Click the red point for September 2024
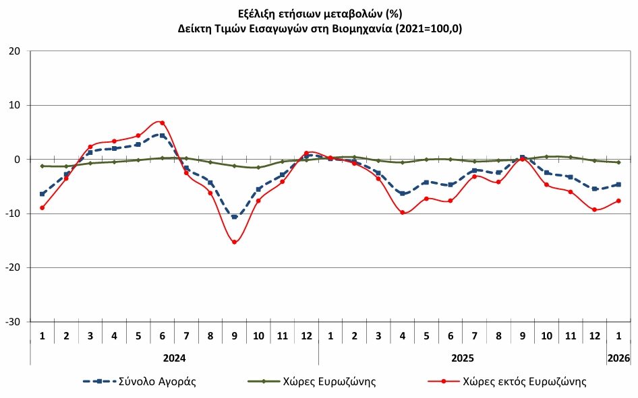click(234, 242)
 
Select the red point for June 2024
click(162, 123)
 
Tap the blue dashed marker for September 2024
click(234, 217)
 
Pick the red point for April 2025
click(403, 213)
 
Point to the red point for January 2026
click(618, 201)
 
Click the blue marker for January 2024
click(42, 194)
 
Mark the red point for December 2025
click(594, 209)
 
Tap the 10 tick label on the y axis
click(16, 105)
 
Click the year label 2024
click(174, 358)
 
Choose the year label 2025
click(463, 358)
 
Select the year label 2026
click(618, 358)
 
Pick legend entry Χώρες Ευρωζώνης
click(333, 382)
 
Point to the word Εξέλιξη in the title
click(257, 13)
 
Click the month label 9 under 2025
click(523, 335)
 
